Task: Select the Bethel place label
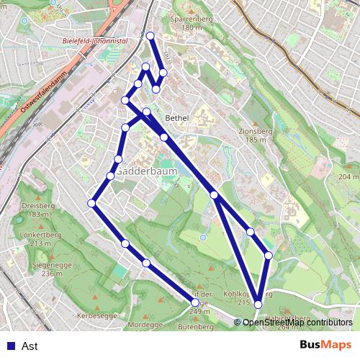coord(176,117)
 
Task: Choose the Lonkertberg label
coord(39,235)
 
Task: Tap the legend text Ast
coord(30,346)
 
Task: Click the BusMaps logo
coord(325,345)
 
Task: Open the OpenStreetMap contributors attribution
coord(297,323)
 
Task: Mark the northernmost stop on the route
coord(150,36)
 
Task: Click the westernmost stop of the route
coord(91,204)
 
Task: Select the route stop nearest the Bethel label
coord(164,137)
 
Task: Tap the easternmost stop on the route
coord(269,255)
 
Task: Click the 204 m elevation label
coord(348,176)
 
